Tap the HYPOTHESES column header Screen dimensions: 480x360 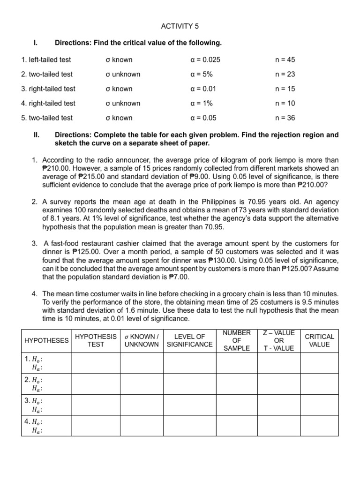coord(46,340)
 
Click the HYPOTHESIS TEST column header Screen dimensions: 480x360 coord(96,340)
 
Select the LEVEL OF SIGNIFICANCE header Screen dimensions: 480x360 coord(189,340)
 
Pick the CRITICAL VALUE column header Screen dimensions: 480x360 coord(319,340)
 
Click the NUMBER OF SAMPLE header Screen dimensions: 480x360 coord(237,340)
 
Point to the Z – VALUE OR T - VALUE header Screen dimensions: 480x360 coord(279,340)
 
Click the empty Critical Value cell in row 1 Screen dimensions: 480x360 coord(319,363)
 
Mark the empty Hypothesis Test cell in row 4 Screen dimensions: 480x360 coord(96,426)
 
